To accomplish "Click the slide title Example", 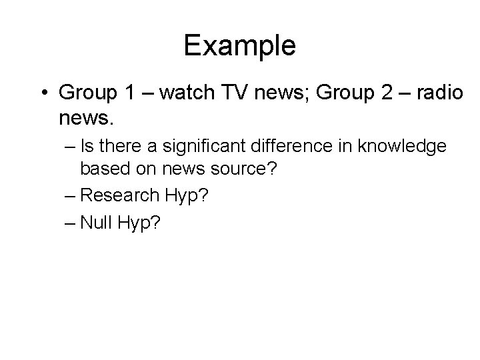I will point(239,46).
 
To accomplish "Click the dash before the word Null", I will point(70,221).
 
